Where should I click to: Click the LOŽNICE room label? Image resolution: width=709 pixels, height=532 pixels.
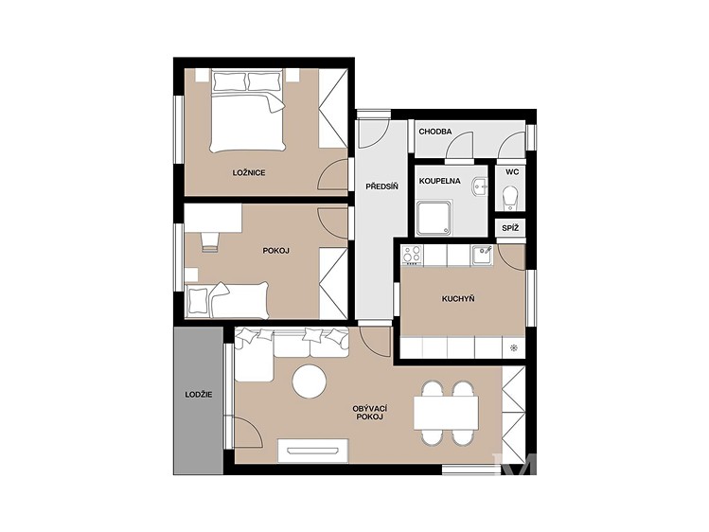(x=249, y=172)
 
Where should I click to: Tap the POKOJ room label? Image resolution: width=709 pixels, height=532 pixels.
(x=275, y=251)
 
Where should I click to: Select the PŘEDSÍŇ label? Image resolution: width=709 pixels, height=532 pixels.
(x=382, y=186)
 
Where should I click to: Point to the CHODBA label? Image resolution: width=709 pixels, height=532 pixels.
(x=435, y=132)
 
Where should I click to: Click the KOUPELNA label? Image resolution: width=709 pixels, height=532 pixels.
(x=439, y=181)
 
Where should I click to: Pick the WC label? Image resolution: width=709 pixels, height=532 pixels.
(x=512, y=172)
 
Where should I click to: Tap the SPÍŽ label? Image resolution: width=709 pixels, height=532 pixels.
(x=510, y=228)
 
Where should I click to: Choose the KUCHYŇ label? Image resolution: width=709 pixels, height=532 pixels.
(x=458, y=299)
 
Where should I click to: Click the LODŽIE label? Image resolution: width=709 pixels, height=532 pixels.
(x=199, y=395)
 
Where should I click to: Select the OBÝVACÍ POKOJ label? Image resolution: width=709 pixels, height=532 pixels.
(x=369, y=413)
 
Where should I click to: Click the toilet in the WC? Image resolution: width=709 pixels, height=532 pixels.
(x=510, y=198)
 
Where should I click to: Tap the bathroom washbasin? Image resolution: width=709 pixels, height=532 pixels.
(x=479, y=186)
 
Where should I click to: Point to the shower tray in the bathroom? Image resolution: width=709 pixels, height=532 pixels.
(x=434, y=218)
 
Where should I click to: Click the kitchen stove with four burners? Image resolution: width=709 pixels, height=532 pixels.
(x=412, y=255)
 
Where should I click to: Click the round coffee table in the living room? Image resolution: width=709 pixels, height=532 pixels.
(x=309, y=381)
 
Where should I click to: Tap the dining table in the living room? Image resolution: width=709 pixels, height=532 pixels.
(x=446, y=413)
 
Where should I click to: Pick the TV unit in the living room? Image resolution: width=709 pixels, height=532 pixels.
(x=313, y=451)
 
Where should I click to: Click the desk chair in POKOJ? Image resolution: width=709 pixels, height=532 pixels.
(x=209, y=241)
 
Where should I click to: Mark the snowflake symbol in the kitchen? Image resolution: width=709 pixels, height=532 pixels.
(x=514, y=347)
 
